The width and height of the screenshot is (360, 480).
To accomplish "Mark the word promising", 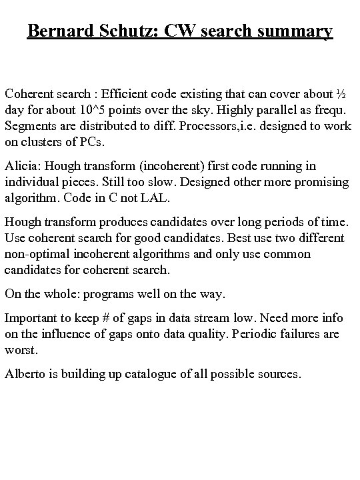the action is click(318, 181).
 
